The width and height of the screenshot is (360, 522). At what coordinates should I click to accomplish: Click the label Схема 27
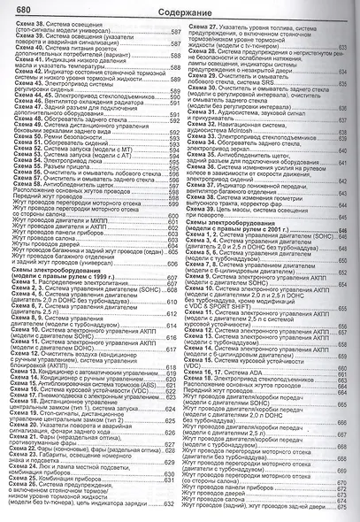click(x=203, y=27)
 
